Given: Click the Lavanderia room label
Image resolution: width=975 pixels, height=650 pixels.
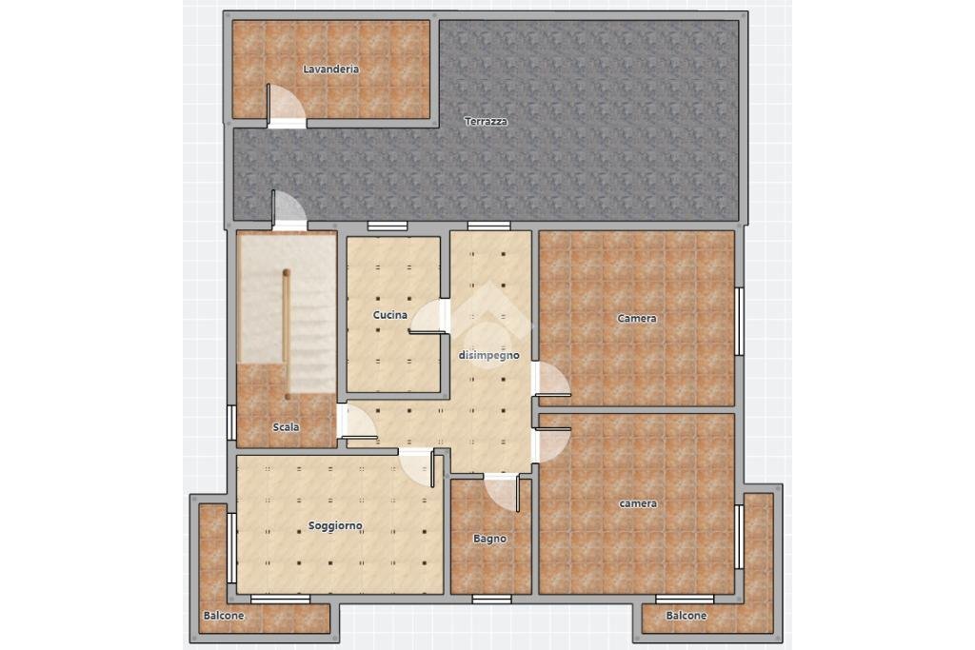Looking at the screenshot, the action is [x=330, y=69].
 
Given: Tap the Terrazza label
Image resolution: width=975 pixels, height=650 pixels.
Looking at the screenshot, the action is [x=486, y=121].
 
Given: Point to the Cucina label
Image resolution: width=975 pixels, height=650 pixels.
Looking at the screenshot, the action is [x=389, y=315].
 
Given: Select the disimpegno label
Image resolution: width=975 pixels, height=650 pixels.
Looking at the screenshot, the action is [x=488, y=355].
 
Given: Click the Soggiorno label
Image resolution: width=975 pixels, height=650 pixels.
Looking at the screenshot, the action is [x=335, y=525].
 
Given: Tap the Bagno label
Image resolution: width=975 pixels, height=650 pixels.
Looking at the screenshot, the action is [x=489, y=539].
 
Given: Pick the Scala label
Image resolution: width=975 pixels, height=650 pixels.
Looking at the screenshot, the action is [x=286, y=427].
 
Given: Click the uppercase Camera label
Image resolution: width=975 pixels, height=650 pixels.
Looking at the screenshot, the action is [x=637, y=318].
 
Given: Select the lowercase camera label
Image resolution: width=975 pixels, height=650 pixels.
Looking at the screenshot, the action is [x=638, y=503].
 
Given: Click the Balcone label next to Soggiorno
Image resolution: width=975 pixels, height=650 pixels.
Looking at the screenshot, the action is [x=224, y=616].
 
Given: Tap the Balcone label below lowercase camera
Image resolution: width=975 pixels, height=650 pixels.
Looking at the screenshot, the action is [x=686, y=616].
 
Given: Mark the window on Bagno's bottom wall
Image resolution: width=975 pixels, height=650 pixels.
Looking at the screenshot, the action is [x=491, y=599].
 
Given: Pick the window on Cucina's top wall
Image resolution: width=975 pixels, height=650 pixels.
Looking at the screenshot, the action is [x=387, y=227].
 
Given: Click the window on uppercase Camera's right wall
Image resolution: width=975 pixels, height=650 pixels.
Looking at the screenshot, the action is [x=739, y=322].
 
